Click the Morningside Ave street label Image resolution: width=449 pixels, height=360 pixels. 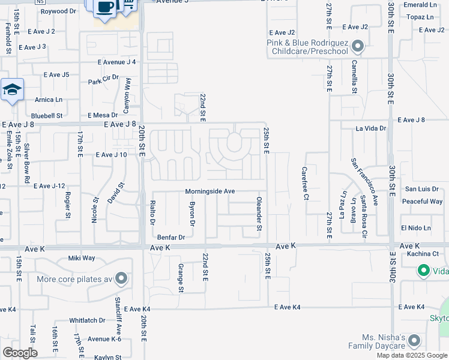[x=209, y=191]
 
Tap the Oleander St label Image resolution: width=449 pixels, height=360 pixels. [x=259, y=214]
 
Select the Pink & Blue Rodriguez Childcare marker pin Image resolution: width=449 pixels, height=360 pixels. [x=358, y=46]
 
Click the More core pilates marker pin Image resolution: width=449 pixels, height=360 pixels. [x=121, y=279]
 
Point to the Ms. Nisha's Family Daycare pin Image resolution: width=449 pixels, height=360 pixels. [x=414, y=341]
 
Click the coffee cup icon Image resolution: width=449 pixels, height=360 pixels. [x=106, y=7]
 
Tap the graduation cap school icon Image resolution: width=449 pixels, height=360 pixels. [x=12, y=90]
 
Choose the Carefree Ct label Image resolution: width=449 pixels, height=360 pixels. [x=305, y=184]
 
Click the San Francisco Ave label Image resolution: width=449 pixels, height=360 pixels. [x=374, y=182]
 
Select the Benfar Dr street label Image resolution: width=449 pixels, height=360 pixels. [x=170, y=238]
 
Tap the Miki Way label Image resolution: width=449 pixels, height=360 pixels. [x=82, y=258]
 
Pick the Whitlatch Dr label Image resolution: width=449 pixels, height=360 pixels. [x=87, y=320]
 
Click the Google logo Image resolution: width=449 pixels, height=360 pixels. [x=20, y=352]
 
